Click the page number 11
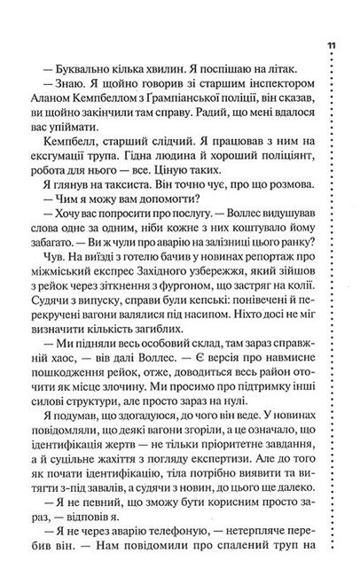pyautogui.click(x=331, y=44)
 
